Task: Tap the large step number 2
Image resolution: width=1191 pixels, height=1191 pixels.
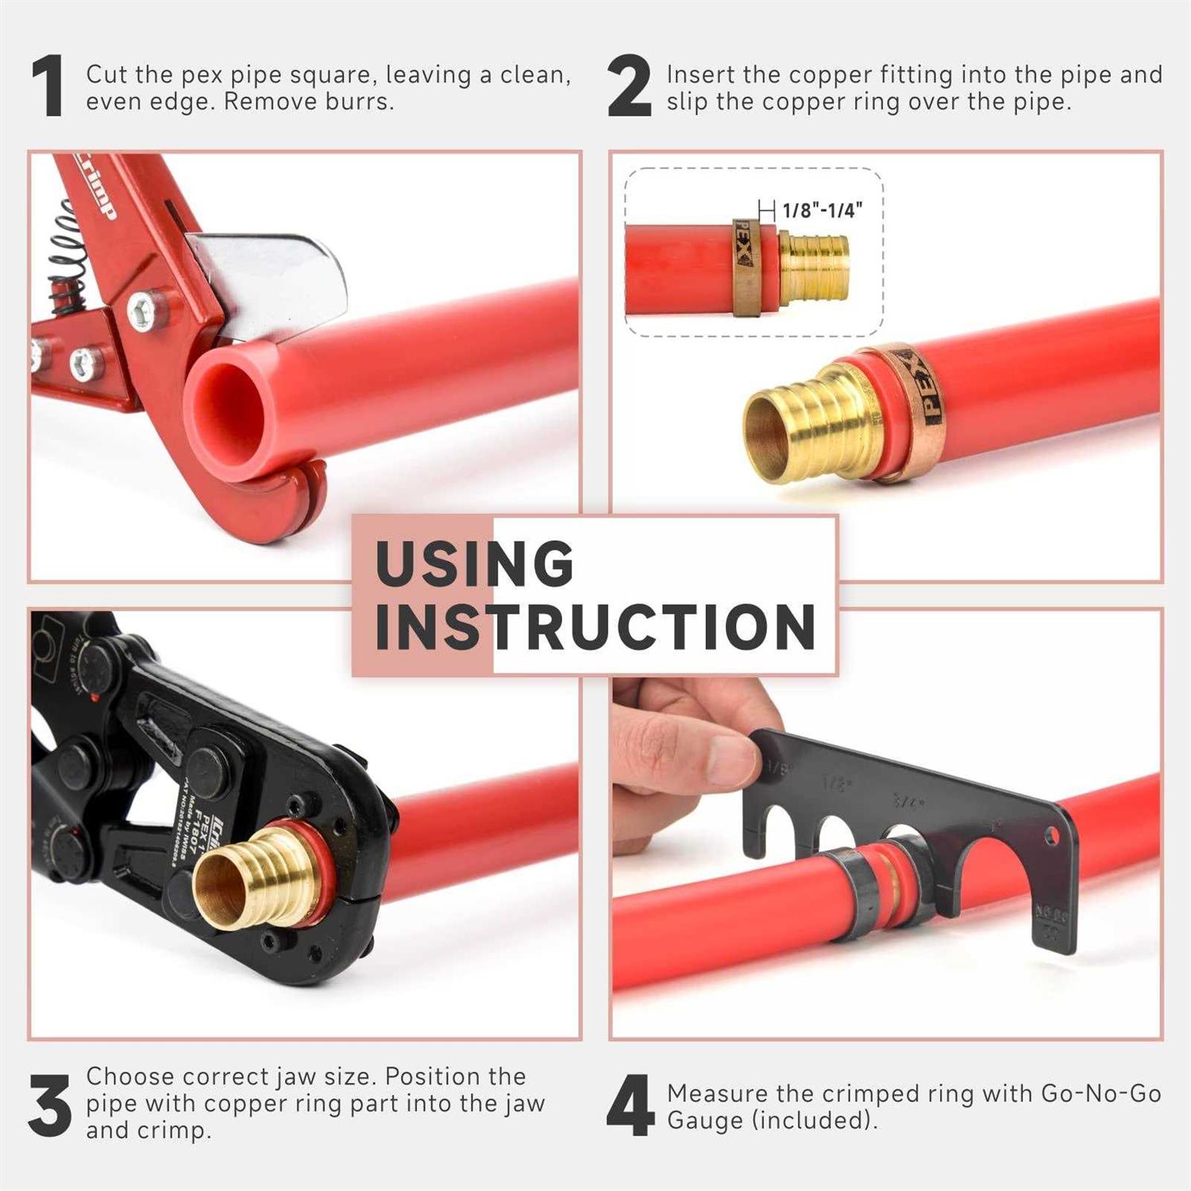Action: (x=629, y=88)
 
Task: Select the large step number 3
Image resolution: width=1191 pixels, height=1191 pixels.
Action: (x=49, y=1105)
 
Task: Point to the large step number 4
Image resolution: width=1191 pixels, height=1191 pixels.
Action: (x=630, y=1105)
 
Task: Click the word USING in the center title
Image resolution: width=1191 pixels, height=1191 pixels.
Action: (x=474, y=564)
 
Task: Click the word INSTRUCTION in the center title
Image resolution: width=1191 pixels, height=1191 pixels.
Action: (x=595, y=627)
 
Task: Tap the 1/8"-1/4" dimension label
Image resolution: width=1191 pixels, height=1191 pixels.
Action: (x=822, y=210)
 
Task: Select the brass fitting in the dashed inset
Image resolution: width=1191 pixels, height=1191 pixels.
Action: (x=814, y=266)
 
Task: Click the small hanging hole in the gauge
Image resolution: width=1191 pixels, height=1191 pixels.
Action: (x=1052, y=835)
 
